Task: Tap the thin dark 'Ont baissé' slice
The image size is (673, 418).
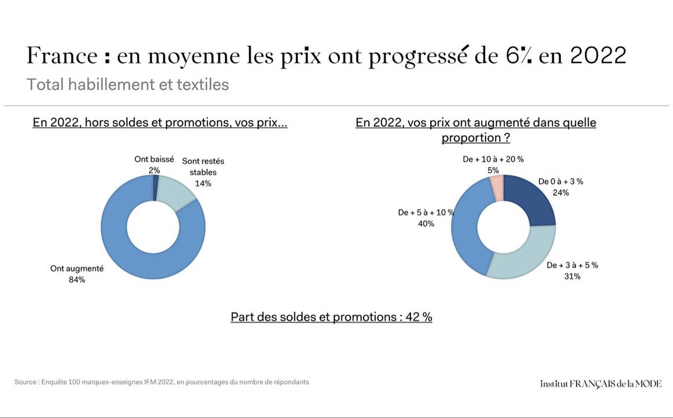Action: pyautogui.click(x=156, y=188)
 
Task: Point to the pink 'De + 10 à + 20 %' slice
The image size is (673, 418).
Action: pyautogui.click(x=497, y=187)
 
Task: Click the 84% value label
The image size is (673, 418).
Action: pyautogui.click(x=77, y=280)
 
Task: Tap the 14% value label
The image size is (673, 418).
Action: pyautogui.click(x=203, y=183)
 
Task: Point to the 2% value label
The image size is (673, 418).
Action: pyautogui.click(x=154, y=170)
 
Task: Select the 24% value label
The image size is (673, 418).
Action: pyautogui.click(x=560, y=193)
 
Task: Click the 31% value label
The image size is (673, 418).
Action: pyautogui.click(x=572, y=276)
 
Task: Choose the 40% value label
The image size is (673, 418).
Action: pyautogui.click(x=426, y=224)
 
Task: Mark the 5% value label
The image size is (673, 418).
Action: pyautogui.click(x=493, y=170)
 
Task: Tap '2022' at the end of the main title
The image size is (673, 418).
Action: pyautogui.click(x=598, y=56)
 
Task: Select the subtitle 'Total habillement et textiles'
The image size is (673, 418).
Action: pyautogui.click(x=128, y=84)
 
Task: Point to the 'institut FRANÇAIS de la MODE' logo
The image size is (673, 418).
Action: pyautogui.click(x=601, y=383)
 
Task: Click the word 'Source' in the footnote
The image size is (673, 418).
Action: pyautogui.click(x=25, y=382)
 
